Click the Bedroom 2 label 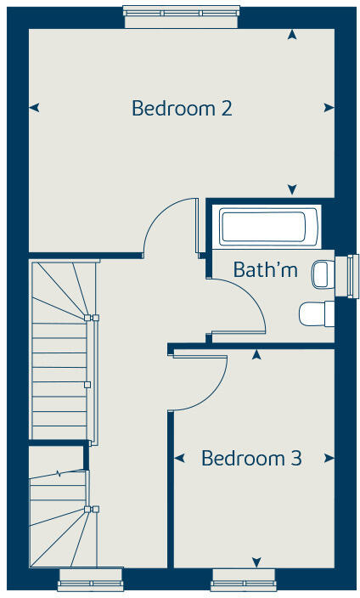[x=182, y=109]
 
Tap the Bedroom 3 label [x=251, y=459]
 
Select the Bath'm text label [x=266, y=270]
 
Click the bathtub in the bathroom [x=262, y=227]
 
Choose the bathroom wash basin [x=320, y=274]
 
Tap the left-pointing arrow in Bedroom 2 [x=34, y=107]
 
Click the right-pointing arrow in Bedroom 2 [x=329, y=107]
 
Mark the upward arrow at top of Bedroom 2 [x=292, y=35]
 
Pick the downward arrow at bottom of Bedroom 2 [x=292, y=189]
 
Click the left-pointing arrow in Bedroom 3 [x=179, y=459]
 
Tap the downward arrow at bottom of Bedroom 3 [x=256, y=561]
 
